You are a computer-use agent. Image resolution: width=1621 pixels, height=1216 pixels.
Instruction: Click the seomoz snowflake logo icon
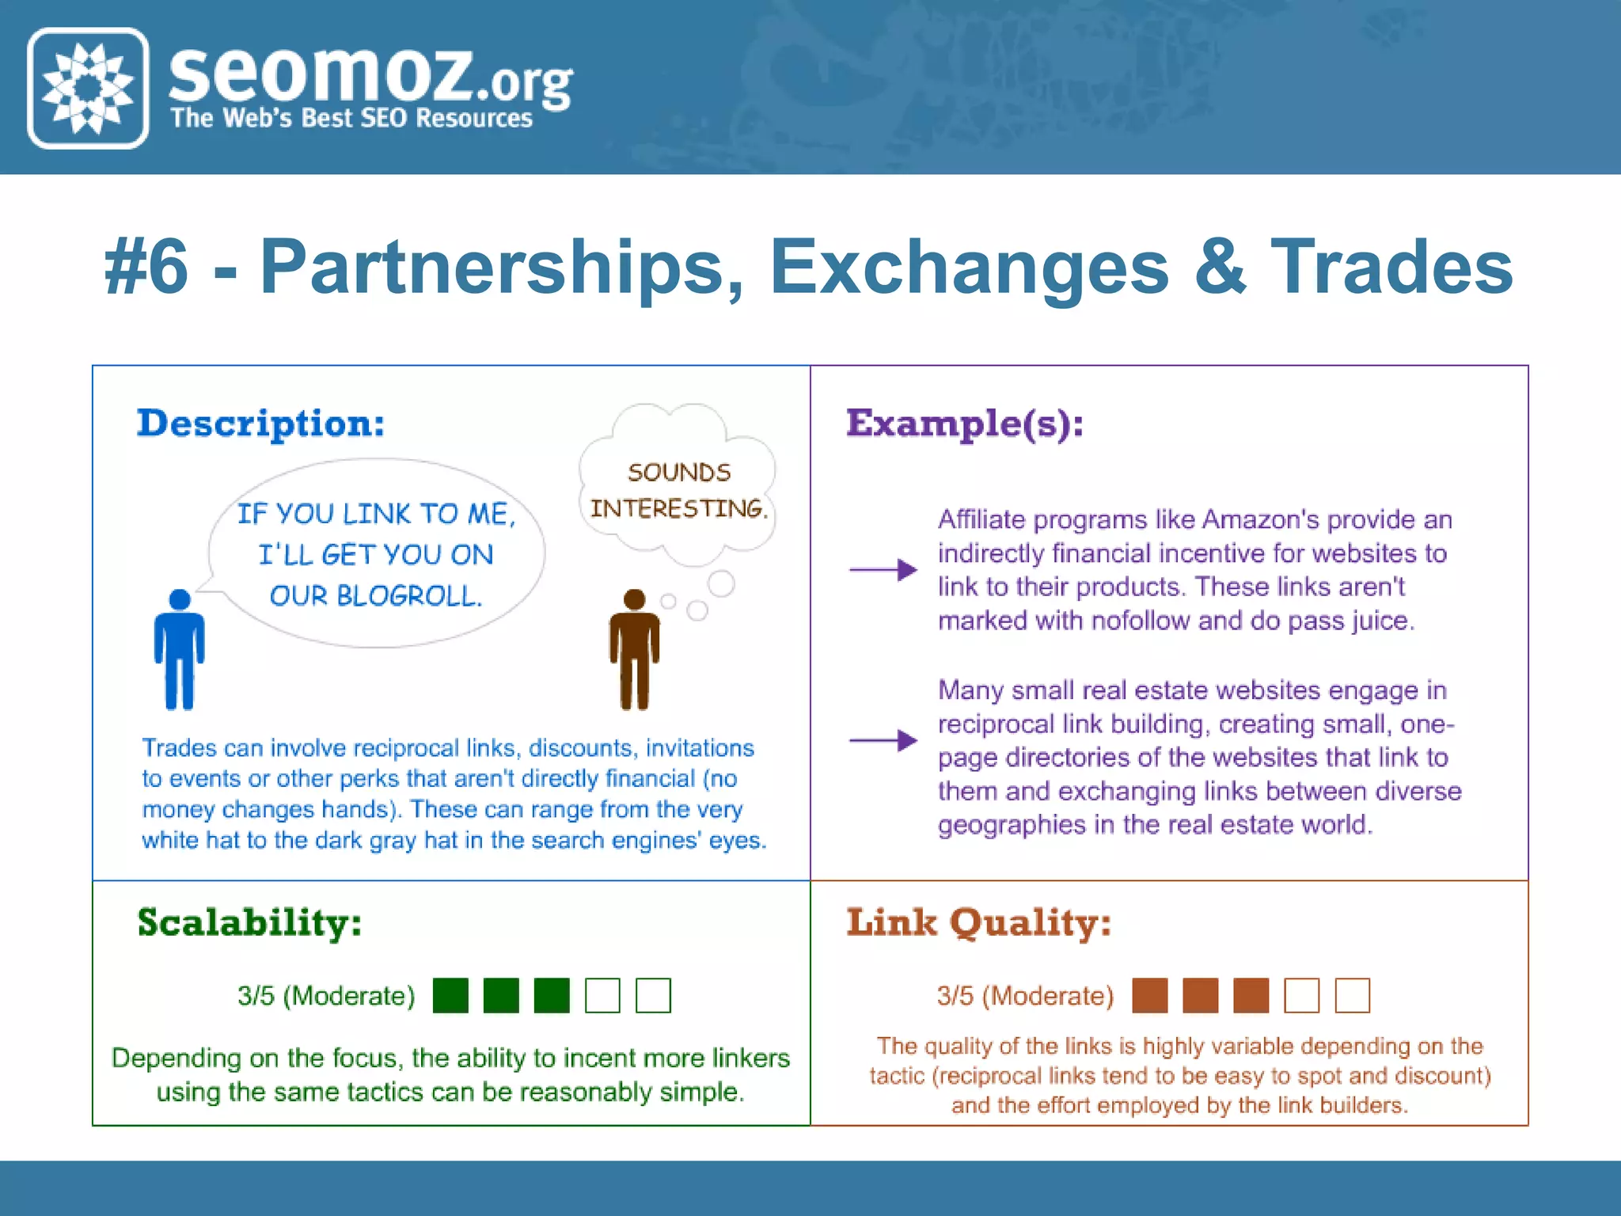[x=88, y=88]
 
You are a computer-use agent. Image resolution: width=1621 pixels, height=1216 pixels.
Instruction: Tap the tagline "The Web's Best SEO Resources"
[x=351, y=119]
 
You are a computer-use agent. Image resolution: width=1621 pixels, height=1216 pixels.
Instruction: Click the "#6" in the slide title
[x=146, y=268]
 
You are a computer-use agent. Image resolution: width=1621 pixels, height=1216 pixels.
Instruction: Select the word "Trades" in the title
[x=1391, y=268]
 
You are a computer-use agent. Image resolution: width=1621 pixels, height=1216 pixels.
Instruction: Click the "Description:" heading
[x=260, y=424]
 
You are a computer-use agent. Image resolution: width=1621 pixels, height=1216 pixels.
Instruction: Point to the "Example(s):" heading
[x=964, y=424]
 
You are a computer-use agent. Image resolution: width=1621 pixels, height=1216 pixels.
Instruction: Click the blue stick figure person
[x=180, y=649]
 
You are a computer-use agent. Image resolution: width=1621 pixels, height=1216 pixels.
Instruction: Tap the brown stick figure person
[x=634, y=649]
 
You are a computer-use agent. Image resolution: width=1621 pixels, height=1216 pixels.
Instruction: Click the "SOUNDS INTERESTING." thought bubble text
[x=678, y=491]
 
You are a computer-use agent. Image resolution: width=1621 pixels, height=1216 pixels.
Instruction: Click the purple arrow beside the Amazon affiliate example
[x=883, y=569]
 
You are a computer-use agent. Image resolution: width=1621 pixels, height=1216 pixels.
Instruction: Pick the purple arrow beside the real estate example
[x=883, y=740]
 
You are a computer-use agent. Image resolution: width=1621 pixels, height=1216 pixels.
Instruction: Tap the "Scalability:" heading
[x=249, y=923]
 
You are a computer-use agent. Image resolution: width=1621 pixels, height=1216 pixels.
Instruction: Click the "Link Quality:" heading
[x=978, y=923]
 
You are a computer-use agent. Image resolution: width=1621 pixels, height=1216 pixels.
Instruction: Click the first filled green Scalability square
[x=450, y=995]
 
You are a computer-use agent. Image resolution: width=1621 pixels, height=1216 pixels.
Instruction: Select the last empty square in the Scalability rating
[x=653, y=995]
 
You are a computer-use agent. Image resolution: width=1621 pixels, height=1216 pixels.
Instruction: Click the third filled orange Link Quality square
[x=1251, y=995]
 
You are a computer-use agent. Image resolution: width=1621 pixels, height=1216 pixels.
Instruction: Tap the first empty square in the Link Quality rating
[x=1301, y=995]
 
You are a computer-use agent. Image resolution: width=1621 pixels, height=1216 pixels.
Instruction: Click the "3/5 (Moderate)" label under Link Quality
[x=1025, y=996]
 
